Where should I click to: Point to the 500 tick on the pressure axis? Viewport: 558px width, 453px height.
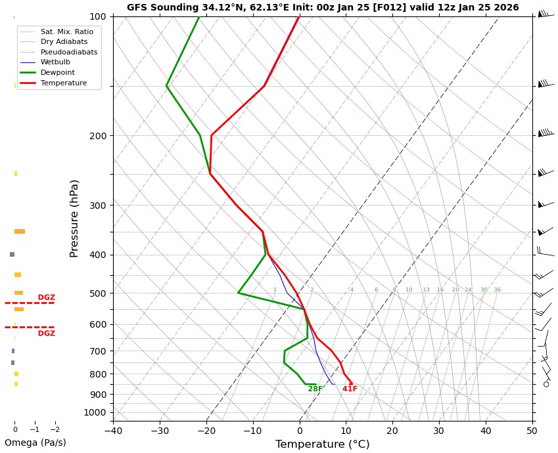tap(97, 293)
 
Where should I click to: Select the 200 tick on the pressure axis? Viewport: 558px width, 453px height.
tap(97, 136)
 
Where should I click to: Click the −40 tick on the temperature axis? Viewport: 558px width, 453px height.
tap(113, 431)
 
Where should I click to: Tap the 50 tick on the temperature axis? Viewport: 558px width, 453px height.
tap(532, 431)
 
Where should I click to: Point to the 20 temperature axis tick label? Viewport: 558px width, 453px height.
tap(392, 431)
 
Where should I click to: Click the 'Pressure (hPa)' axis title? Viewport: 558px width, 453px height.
tap(75, 218)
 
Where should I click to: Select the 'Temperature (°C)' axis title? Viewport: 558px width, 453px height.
tap(322, 444)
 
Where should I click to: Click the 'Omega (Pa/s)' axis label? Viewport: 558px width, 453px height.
tap(35, 442)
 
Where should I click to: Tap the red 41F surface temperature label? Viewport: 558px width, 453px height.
tap(350, 389)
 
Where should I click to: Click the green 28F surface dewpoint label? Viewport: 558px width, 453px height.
tap(315, 389)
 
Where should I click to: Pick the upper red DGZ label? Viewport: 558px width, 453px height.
tap(46, 297)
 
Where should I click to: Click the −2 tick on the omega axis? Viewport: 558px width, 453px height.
tap(54, 430)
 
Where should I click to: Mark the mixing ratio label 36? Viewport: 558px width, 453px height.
tap(497, 290)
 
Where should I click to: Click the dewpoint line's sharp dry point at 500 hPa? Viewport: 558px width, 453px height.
tap(239, 293)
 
